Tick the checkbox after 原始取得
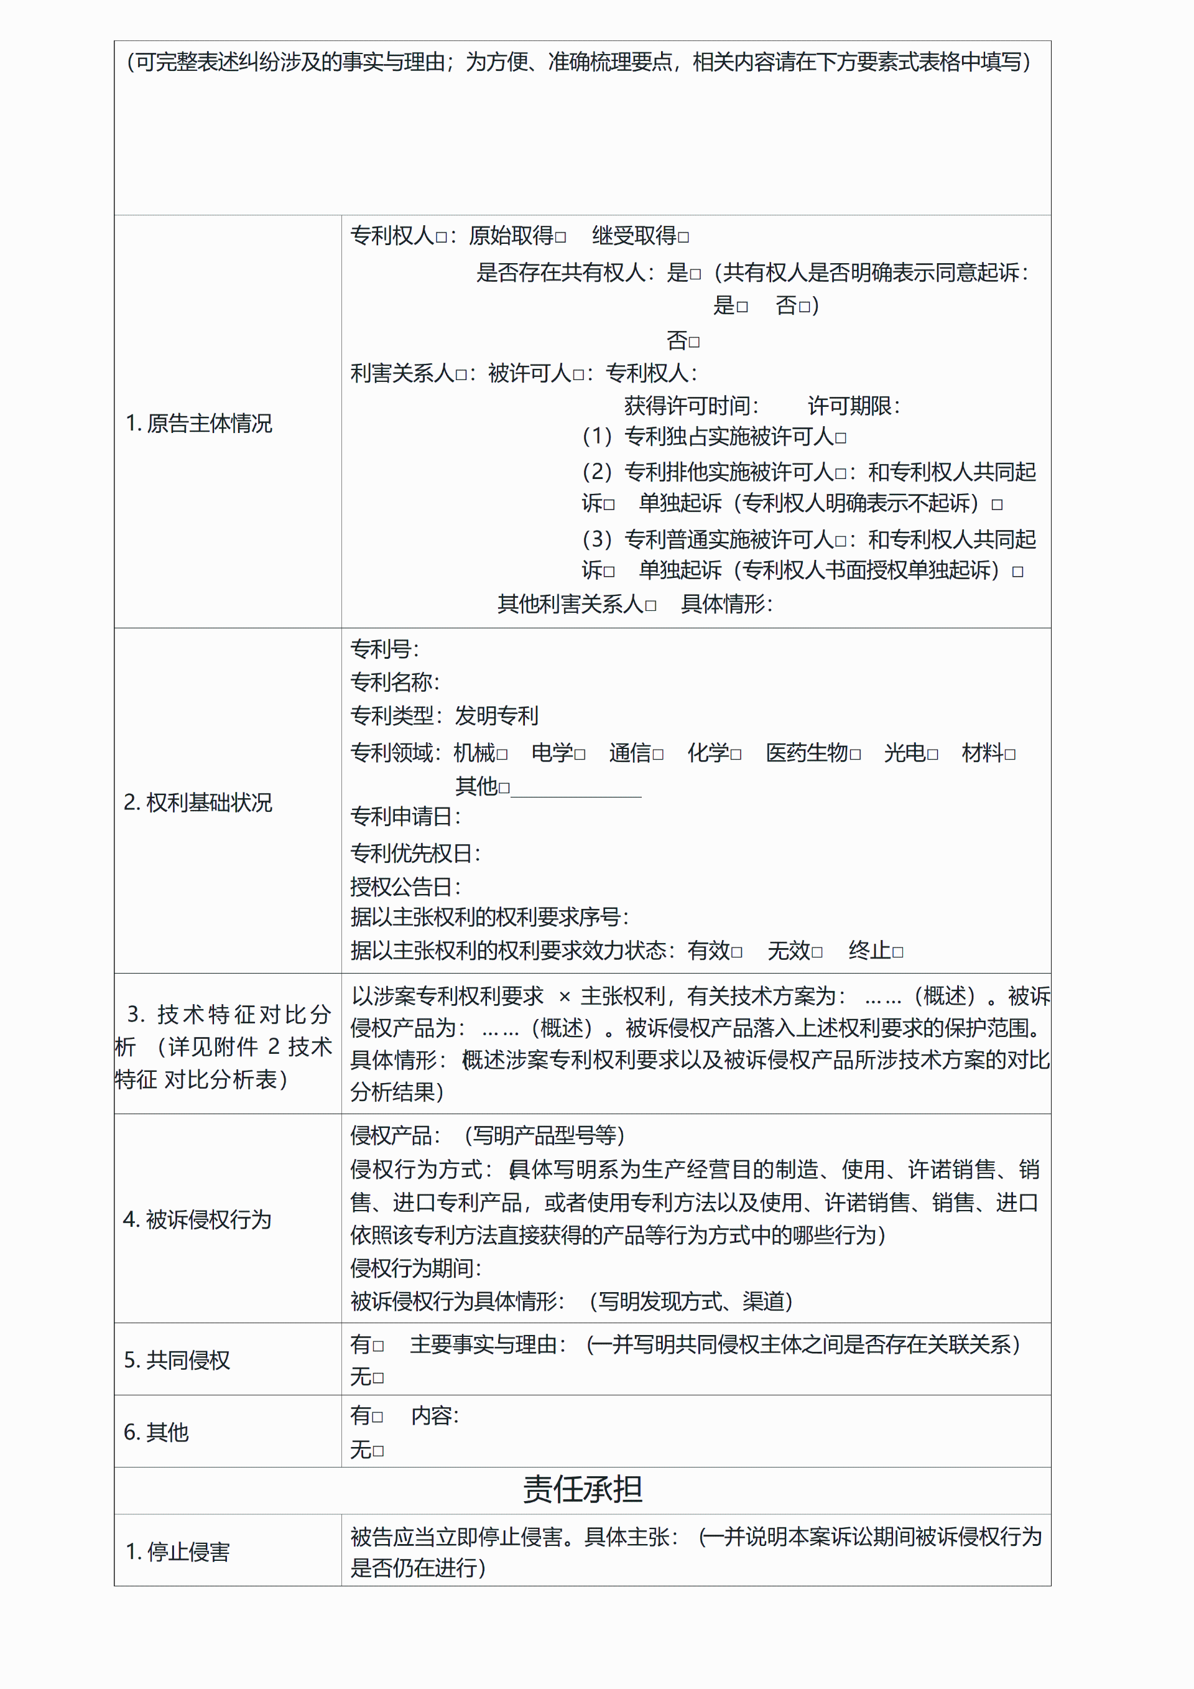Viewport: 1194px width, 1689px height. [x=561, y=238]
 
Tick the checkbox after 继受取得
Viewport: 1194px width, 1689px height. [x=684, y=238]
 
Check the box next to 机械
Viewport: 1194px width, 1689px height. [x=502, y=755]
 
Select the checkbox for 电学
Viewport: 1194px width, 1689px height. [x=580, y=755]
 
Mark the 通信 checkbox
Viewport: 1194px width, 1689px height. [x=658, y=755]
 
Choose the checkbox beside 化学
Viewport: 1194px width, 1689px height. [x=736, y=755]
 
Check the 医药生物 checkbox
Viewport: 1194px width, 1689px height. [x=855, y=755]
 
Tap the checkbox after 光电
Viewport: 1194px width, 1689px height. [x=933, y=755]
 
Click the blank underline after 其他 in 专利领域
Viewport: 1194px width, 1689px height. [x=576, y=789]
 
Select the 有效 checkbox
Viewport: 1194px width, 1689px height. [x=737, y=952]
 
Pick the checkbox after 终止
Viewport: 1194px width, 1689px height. [x=898, y=952]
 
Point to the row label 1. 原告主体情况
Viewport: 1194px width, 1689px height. [x=198, y=423]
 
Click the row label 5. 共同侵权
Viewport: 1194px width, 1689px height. [x=177, y=1360]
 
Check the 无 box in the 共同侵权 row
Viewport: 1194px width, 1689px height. [x=378, y=1378]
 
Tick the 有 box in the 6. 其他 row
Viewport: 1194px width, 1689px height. [x=378, y=1417]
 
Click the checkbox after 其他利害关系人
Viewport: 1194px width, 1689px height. [x=650, y=606]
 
